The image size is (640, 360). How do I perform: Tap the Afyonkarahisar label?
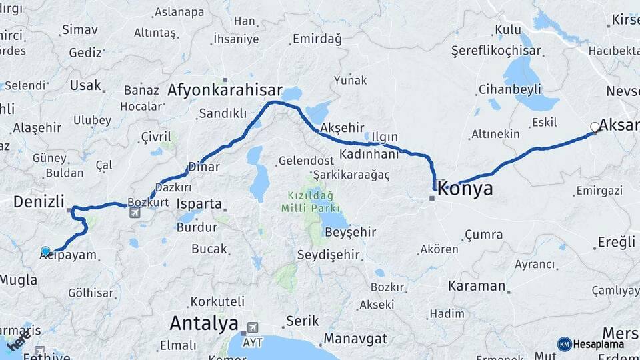coord(225,91)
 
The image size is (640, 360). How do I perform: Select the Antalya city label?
coord(203,324)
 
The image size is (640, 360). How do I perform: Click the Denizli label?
coord(39,201)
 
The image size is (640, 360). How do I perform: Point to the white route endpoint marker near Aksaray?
coord(595,127)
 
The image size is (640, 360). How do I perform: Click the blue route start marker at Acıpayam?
coord(45,251)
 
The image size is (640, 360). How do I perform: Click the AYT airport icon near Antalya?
coord(253,327)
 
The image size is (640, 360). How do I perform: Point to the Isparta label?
coord(199,203)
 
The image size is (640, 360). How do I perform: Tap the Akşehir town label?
coord(342,127)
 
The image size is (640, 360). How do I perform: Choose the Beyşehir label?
coord(351,232)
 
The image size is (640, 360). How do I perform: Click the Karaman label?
coord(477,286)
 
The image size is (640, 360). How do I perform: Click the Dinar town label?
coord(204,167)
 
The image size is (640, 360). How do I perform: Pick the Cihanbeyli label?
coord(510,90)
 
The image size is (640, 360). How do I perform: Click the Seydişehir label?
coord(328,255)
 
